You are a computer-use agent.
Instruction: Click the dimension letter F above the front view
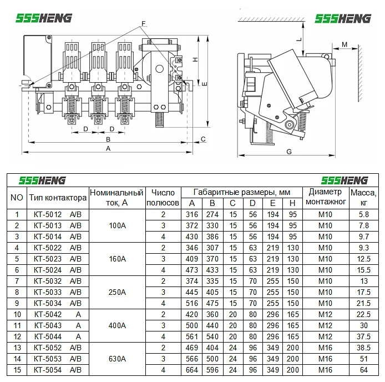coord(144,23)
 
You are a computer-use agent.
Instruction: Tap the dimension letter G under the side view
coord(289,151)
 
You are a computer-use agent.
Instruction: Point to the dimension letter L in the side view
coord(298,39)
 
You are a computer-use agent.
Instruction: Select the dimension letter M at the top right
coord(344,44)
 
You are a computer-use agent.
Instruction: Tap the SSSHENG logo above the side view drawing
coord(342,18)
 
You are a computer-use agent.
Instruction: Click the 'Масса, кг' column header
coord(363,198)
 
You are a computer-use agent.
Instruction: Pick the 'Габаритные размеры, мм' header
coord(242,192)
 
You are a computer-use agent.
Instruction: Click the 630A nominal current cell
coord(117,359)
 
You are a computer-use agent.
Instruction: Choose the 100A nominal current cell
coord(117,225)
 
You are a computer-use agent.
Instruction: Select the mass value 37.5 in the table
coord(363,336)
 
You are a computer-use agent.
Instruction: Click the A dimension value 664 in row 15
coord(192,370)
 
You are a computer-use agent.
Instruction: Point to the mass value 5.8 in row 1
coord(363,214)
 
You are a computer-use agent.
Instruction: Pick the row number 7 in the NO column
coord(17,281)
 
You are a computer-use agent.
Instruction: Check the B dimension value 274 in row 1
coord(212,214)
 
